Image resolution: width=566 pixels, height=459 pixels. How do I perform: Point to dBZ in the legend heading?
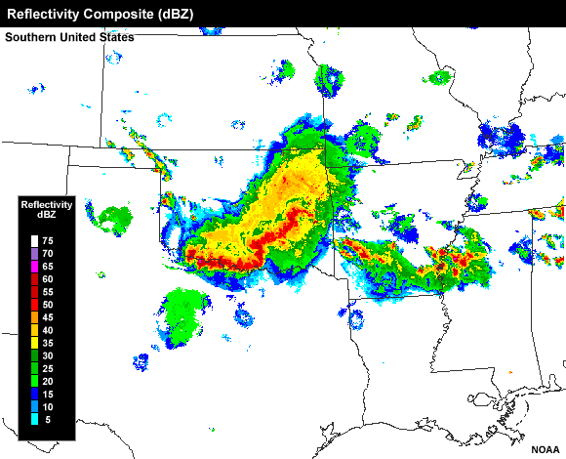[47, 214]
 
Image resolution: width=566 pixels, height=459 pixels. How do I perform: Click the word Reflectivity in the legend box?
[47, 204]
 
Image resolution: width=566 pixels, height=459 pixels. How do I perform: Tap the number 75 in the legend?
[47, 240]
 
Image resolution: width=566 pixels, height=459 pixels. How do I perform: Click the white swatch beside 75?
[33, 240]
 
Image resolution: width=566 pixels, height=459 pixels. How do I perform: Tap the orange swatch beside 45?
[33, 317]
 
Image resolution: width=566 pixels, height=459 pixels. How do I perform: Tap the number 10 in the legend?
[47, 407]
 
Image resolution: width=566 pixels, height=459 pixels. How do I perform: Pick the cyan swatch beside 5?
[33, 420]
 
